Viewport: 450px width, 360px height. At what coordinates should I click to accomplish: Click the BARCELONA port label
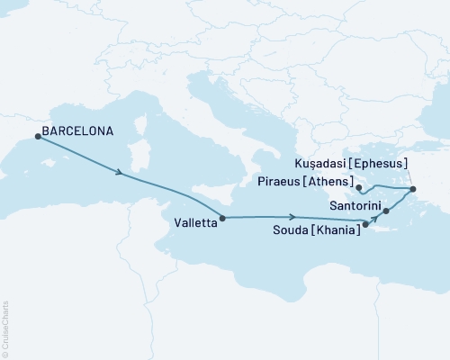pyautogui.click(x=82, y=131)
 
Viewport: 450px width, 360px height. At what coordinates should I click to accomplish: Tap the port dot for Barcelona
pyautogui.click(x=38, y=137)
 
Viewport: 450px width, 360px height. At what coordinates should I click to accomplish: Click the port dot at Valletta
pyautogui.click(x=222, y=217)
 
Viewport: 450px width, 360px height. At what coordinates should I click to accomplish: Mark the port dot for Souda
pyautogui.click(x=365, y=224)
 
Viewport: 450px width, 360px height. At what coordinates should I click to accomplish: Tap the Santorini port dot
pyautogui.click(x=387, y=211)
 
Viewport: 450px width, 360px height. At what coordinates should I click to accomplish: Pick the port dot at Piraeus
pyautogui.click(x=358, y=189)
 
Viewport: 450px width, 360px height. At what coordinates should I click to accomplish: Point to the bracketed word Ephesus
pyautogui.click(x=381, y=164)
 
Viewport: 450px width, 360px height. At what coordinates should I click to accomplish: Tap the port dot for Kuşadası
pyautogui.click(x=412, y=189)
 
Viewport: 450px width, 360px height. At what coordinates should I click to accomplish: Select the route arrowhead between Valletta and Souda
pyautogui.click(x=293, y=216)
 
